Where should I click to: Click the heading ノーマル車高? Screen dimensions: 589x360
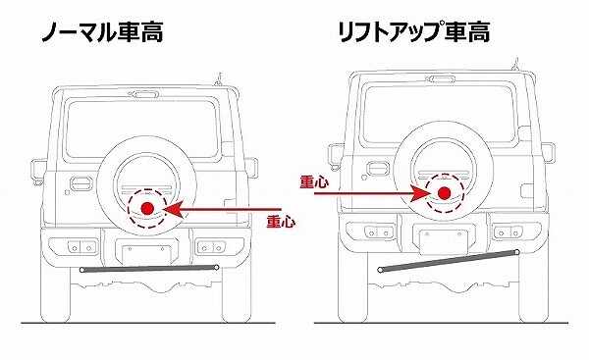point(102,32)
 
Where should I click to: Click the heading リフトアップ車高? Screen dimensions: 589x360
point(414,32)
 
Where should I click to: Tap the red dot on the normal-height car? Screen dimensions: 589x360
point(147,208)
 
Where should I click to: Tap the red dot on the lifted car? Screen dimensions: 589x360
point(445,192)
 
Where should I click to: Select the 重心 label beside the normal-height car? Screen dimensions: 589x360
point(281,223)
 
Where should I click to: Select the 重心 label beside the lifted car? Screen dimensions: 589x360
point(314,181)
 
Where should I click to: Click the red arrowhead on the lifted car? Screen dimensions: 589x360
point(420,193)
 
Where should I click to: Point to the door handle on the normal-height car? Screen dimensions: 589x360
point(81,183)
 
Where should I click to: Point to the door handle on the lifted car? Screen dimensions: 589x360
point(378,169)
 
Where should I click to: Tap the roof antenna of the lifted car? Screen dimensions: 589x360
point(515,65)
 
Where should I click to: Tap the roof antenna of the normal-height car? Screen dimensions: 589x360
point(218,79)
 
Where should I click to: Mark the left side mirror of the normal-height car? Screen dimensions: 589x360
point(38,171)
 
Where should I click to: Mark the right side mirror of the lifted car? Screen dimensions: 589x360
point(549,152)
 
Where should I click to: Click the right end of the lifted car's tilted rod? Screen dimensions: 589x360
point(517,252)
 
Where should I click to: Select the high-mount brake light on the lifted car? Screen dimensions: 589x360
point(442,79)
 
